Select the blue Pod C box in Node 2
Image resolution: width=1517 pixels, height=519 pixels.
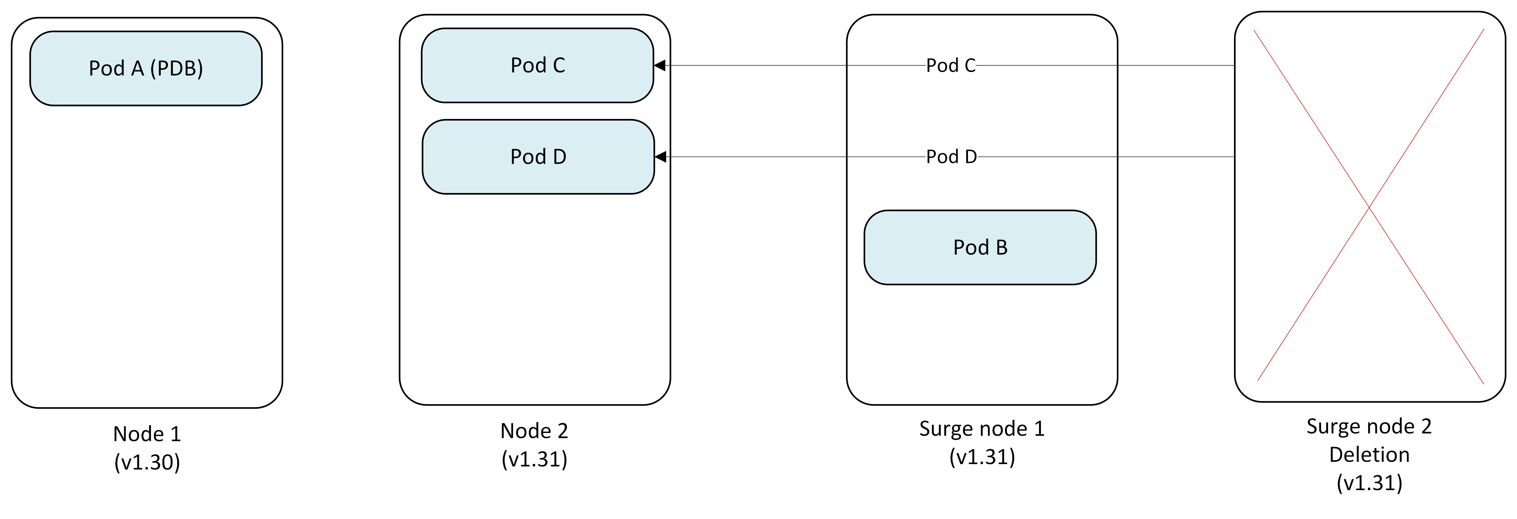[537, 65]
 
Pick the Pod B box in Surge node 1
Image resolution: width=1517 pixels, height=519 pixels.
[980, 247]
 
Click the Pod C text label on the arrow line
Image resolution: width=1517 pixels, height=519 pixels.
[950, 65]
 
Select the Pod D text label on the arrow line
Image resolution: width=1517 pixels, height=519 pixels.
[951, 157]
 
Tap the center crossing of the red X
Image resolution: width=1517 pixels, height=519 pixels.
[1369, 207]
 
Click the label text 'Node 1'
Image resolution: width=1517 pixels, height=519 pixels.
[147, 434]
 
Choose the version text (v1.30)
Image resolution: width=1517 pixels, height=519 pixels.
[147, 463]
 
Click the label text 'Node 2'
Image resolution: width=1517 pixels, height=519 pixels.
[534, 431]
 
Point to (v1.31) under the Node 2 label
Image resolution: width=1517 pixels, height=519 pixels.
[534, 459]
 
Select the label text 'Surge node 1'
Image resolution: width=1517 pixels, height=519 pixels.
[982, 429]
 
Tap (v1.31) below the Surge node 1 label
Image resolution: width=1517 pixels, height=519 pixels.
[982, 457]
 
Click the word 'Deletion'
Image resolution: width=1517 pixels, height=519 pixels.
[1369, 455]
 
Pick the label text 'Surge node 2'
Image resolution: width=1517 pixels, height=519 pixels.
[1369, 426]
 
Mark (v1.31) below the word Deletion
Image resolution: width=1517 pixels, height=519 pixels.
[1369, 483]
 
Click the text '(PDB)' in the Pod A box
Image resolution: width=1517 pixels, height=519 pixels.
[177, 68]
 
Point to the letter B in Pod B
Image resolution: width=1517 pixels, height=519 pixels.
[1001, 247]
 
